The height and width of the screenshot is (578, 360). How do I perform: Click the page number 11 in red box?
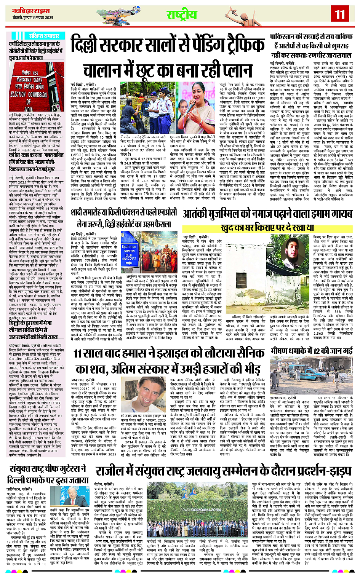click(339, 14)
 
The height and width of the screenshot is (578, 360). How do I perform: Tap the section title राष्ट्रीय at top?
click(182, 14)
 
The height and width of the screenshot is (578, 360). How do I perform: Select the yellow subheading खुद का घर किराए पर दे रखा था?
click(267, 228)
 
